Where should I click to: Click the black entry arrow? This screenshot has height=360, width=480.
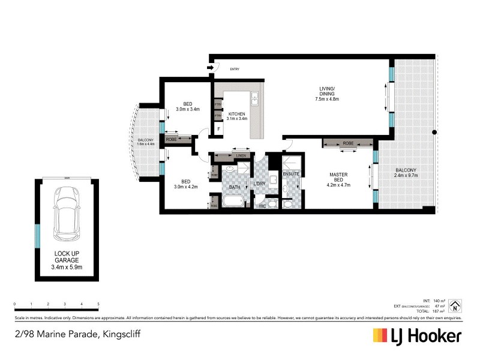pos(209,68)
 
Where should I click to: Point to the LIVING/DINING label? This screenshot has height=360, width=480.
pos(328,95)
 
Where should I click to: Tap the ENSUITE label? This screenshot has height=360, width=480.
pos(291,175)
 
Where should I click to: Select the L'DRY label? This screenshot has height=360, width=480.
pos(260,184)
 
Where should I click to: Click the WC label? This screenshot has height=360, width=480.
pos(262,206)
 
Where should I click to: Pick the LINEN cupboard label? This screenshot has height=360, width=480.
pos(241,156)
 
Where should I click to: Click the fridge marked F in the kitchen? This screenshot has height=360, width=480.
pos(218,128)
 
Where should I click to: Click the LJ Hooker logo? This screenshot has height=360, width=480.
pos(417,335)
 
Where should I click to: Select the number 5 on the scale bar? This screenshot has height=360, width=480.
pos(98,305)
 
